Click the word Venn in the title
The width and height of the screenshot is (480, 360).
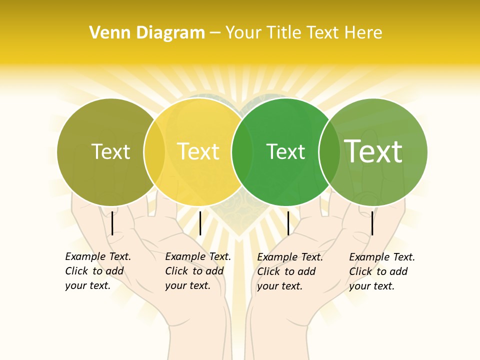pos(106,33)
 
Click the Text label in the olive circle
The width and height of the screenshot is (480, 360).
pos(110,151)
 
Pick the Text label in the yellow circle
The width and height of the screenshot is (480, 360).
pos(198,151)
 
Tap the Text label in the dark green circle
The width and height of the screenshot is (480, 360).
pos(285,151)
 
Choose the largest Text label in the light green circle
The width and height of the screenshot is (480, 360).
pos(373,151)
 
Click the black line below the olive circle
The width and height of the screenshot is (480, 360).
pos(112,223)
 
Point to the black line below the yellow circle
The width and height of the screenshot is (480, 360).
pos(200,223)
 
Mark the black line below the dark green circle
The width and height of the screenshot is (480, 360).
pos(288,223)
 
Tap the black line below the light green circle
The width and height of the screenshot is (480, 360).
pos(372,223)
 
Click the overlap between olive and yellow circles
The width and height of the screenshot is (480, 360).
pos(154,152)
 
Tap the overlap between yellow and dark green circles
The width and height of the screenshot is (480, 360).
pos(242,152)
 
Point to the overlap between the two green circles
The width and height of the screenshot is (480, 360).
pos(329,152)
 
